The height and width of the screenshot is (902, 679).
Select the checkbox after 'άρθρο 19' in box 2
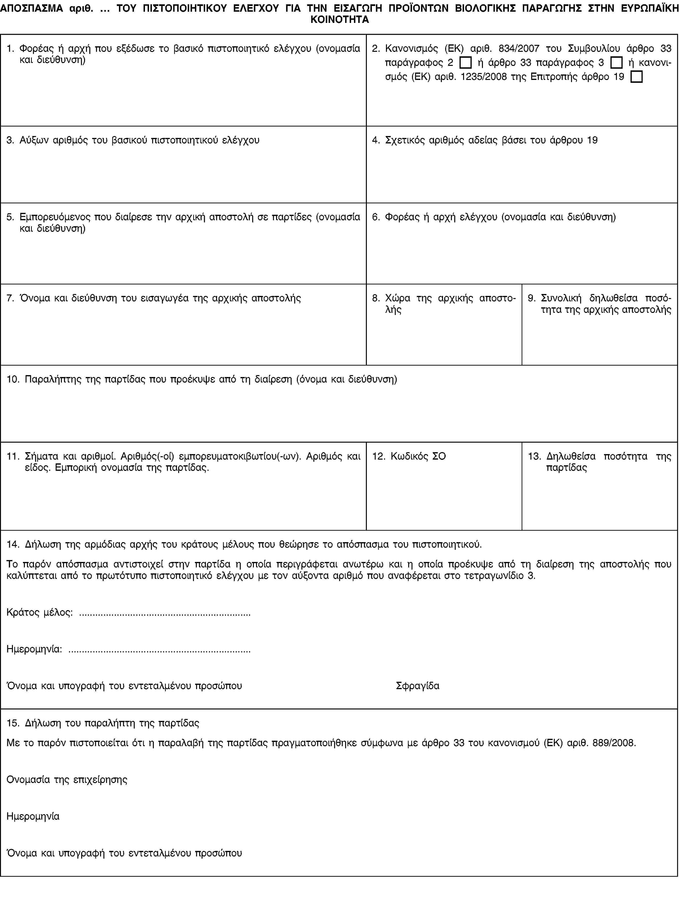click(x=636, y=77)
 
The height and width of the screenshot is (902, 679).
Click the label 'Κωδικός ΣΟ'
click(x=418, y=456)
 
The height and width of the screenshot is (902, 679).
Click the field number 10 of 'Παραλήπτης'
click(x=12, y=379)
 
